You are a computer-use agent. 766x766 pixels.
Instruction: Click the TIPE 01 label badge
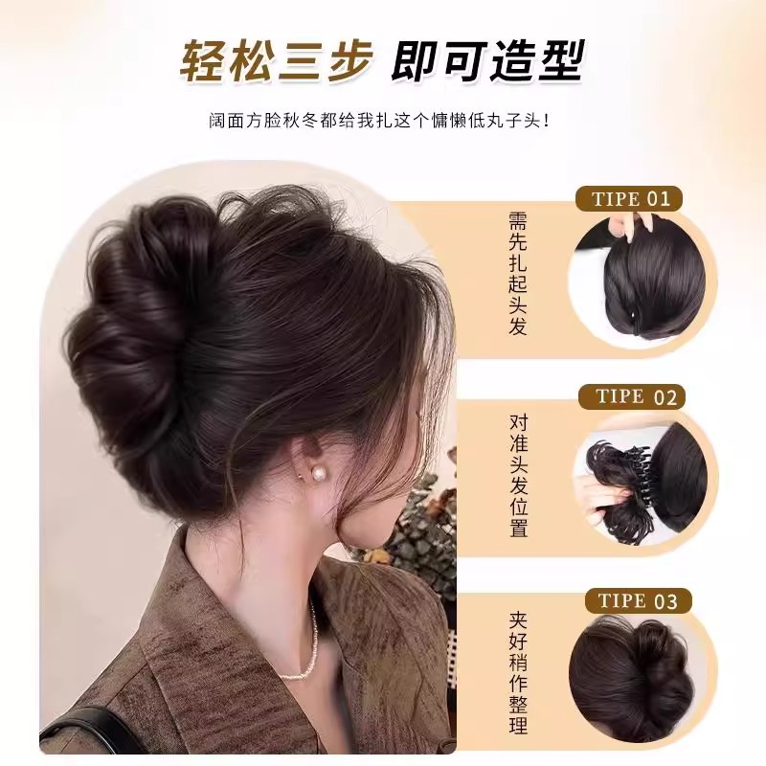[x=629, y=200]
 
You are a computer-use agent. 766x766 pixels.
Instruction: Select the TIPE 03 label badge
[x=637, y=600]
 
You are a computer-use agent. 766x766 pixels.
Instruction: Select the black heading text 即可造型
[x=487, y=62]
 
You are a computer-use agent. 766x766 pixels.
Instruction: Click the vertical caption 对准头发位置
[x=518, y=476]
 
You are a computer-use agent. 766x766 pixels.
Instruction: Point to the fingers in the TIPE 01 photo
[x=627, y=230]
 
